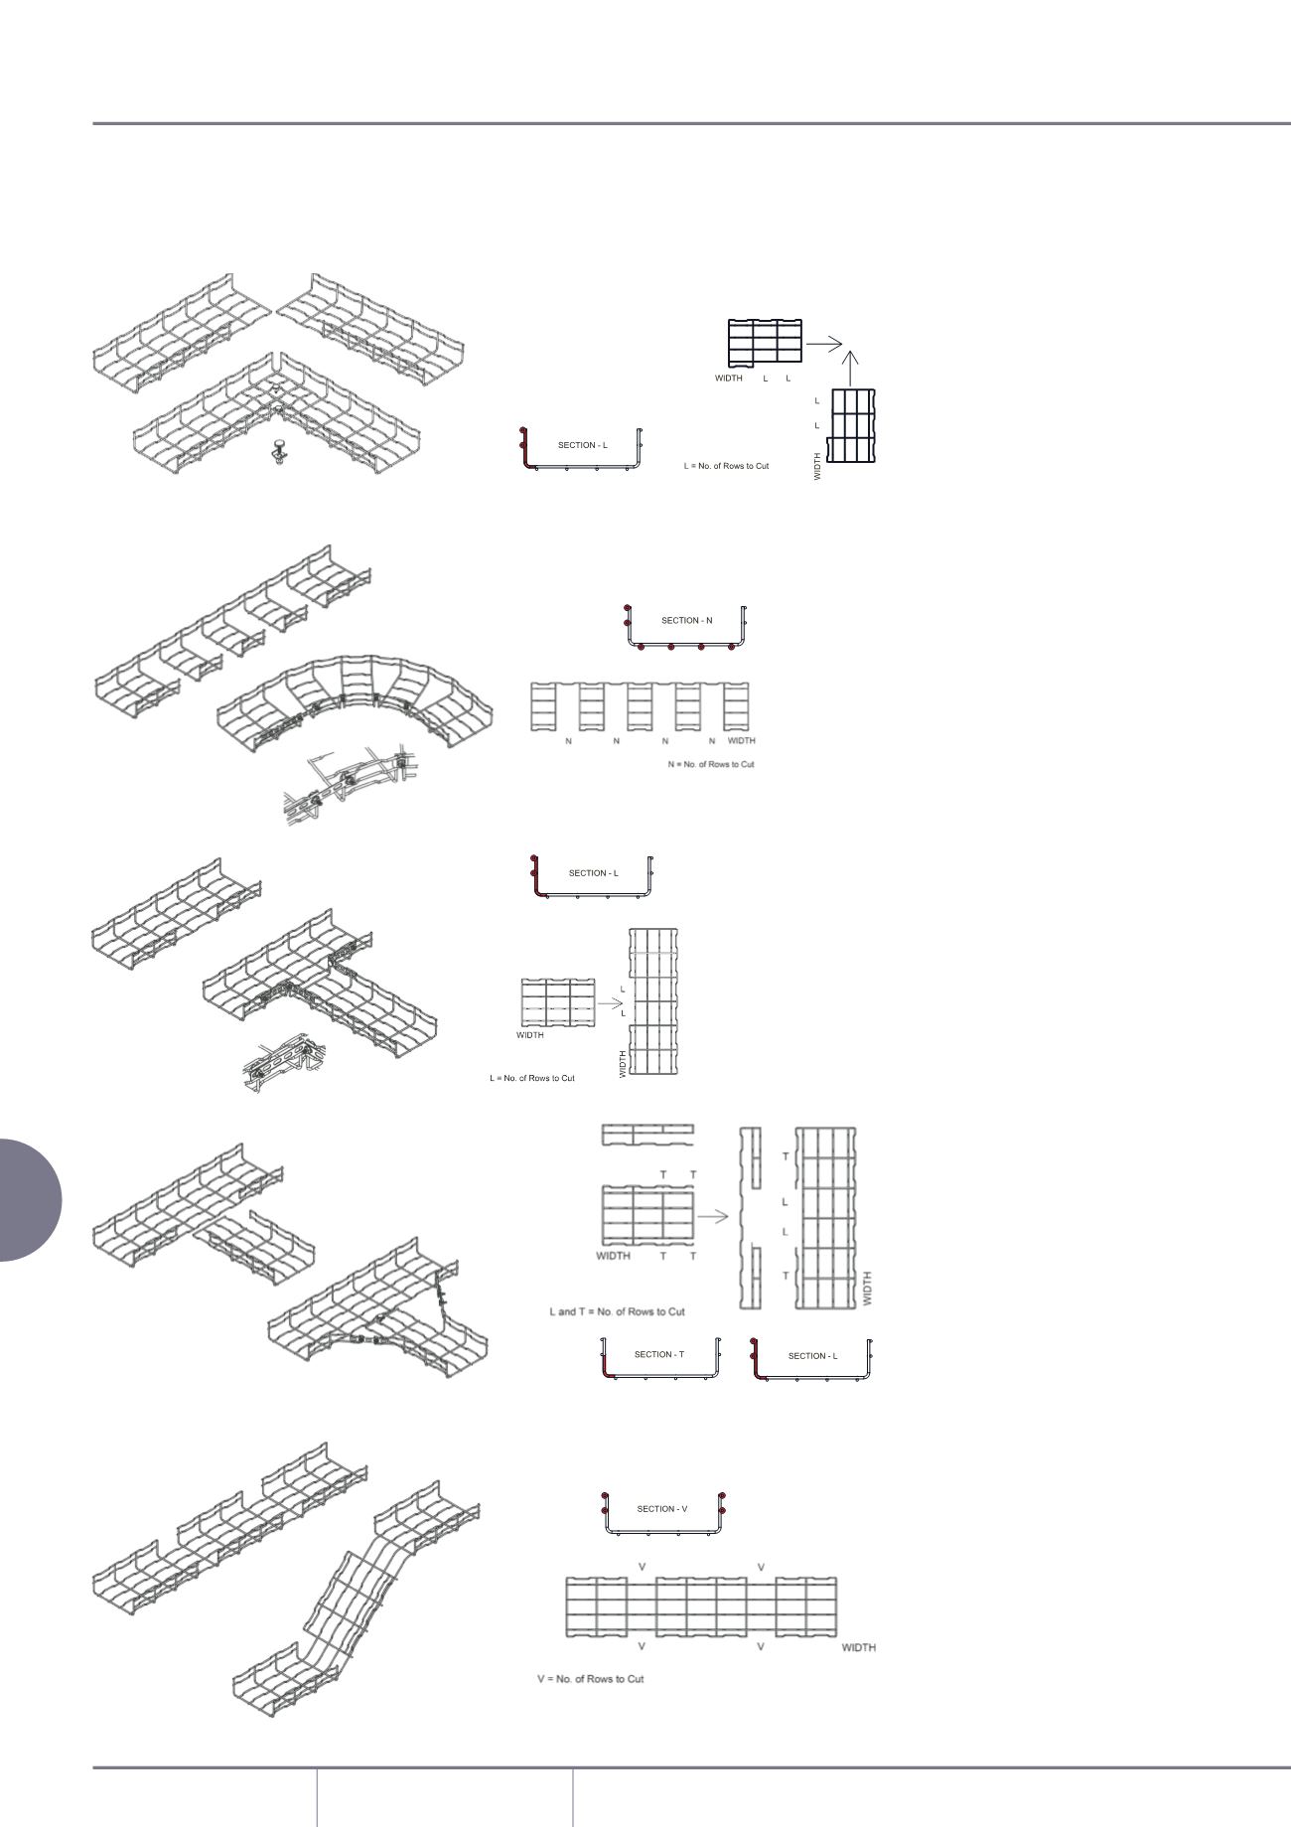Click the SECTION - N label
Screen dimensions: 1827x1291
tap(686, 621)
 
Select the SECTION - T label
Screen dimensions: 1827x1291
tap(659, 1354)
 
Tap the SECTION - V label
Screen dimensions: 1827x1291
tap(662, 1508)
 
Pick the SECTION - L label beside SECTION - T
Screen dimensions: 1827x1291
tap(812, 1356)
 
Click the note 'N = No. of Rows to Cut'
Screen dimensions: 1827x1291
tap(711, 764)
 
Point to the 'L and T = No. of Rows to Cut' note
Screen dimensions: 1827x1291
tap(618, 1311)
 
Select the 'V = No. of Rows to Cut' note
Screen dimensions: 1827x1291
tap(591, 1679)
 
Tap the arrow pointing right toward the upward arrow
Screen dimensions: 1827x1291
tap(823, 343)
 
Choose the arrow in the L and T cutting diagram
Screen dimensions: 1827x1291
tap(713, 1215)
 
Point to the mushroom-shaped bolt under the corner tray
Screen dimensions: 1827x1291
tap(277, 455)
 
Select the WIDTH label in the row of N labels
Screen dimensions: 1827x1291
tap(741, 741)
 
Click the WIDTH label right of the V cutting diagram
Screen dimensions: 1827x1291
tap(858, 1647)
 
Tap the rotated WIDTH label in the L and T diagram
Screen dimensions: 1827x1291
tap(867, 1288)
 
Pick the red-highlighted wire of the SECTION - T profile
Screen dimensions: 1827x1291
tap(605, 1362)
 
